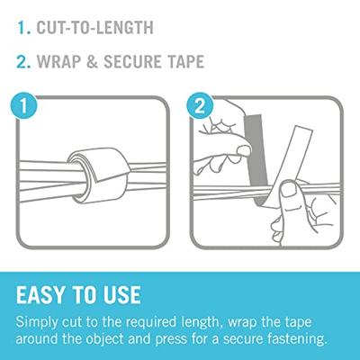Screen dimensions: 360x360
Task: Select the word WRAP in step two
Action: (58, 61)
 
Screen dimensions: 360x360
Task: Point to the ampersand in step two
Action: (92, 61)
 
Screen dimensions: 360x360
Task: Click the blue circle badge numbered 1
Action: (23, 106)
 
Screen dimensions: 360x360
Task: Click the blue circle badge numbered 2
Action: (200, 106)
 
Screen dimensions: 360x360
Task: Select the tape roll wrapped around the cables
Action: (96, 173)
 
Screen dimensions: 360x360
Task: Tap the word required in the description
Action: (150, 323)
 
